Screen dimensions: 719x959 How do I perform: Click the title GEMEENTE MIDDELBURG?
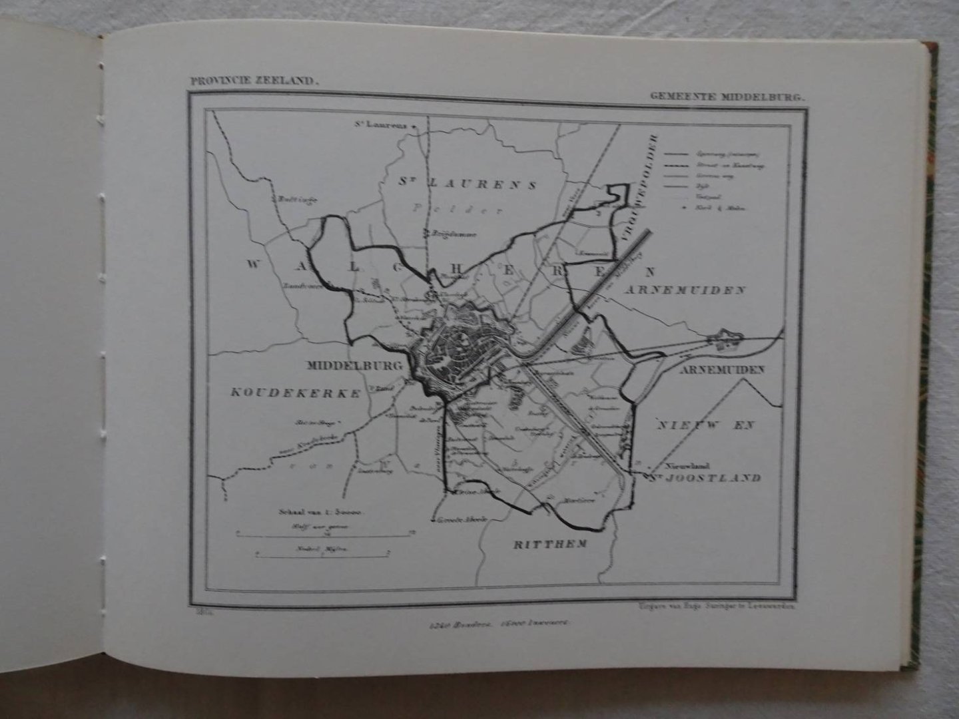(727, 96)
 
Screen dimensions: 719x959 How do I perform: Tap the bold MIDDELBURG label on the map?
(354, 365)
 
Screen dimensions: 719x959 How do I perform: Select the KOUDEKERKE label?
(296, 393)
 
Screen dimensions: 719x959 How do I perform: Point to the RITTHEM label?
(550, 544)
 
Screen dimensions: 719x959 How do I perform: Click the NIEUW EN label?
(707, 425)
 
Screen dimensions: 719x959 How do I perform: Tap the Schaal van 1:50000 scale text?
(320, 513)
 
